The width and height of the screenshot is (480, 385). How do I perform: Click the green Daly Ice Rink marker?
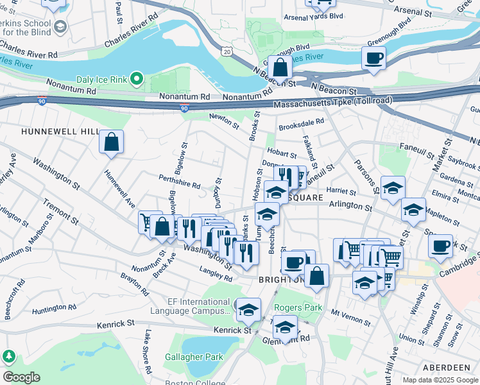pyautogui.click(x=136, y=80)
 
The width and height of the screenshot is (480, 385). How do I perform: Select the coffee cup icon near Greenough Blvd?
pyautogui.click(x=373, y=58)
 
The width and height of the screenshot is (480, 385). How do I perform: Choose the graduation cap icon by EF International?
pyautogui.click(x=248, y=310)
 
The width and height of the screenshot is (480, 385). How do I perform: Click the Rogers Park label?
pyautogui.click(x=298, y=308)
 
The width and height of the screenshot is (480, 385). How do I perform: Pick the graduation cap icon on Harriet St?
pyautogui.click(x=393, y=188)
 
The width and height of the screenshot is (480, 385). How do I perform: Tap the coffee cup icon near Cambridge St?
pyautogui.click(x=440, y=246)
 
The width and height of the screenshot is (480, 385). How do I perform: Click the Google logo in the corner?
pyautogui.click(x=21, y=377)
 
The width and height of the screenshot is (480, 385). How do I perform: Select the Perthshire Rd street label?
pyautogui.click(x=180, y=183)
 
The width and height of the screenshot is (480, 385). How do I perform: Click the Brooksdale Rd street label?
pyautogui.click(x=302, y=121)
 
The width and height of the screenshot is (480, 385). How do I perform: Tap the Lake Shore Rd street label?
pyautogui.click(x=147, y=352)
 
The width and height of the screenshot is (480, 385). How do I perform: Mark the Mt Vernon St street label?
pyautogui.click(x=351, y=316)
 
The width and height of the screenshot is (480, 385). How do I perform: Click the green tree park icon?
pyautogui.click(x=9, y=356)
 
